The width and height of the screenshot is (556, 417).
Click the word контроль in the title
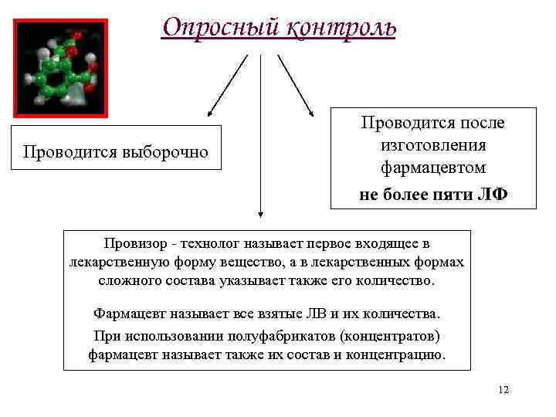click(x=341, y=27)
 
